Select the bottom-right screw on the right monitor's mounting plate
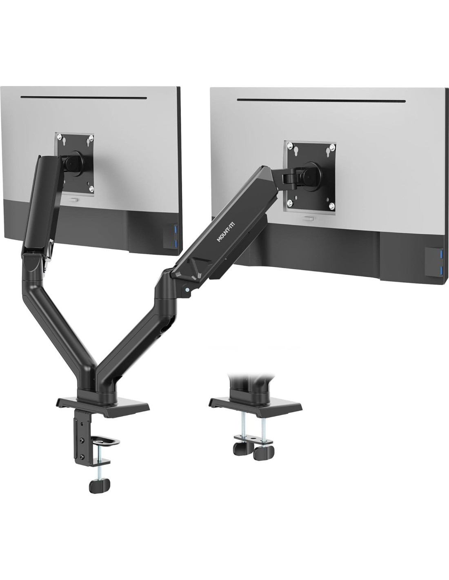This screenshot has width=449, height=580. pos(332,206)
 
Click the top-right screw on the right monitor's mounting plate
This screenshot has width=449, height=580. pos(332,146)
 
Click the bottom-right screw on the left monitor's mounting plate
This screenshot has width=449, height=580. pos(91,188)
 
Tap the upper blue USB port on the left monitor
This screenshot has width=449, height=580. pos(175,229)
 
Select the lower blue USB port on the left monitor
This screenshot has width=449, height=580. pos(175,243)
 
